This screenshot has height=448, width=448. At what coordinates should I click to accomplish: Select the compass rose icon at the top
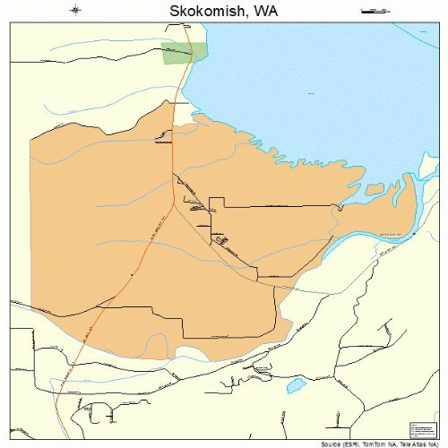pos(76,11)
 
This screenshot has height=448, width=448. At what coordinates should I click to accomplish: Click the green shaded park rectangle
pos(183,53)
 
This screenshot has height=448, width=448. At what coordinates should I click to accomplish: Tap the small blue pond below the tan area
pos(295,387)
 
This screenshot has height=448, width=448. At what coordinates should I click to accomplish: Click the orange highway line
pos(143,260)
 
